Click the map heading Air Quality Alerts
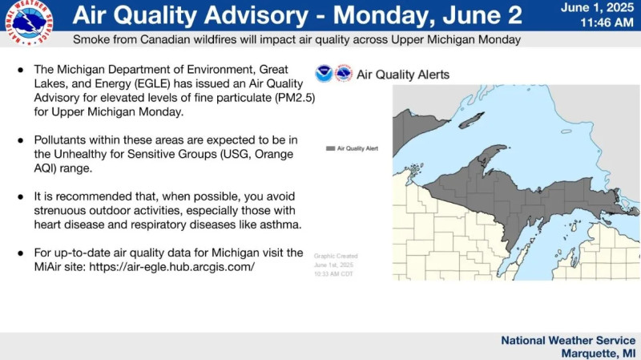(402, 75)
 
